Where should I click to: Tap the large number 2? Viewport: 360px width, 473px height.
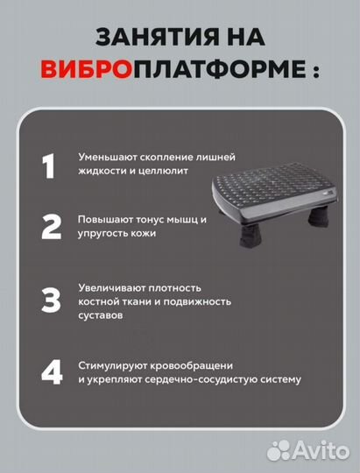click(52, 227)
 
